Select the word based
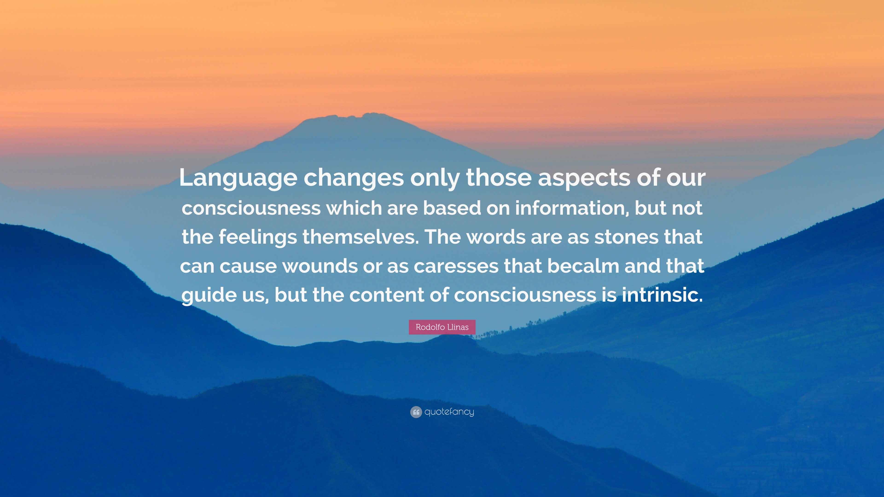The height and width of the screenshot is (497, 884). tap(452, 208)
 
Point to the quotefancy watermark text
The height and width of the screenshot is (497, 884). tap(449, 412)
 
